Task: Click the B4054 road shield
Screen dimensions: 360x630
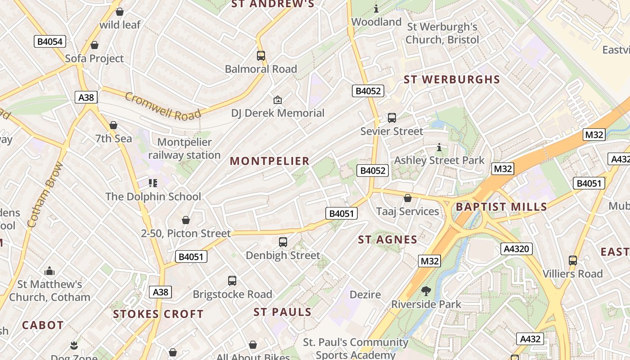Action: pos(50,42)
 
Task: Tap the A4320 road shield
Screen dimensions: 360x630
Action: pos(517,249)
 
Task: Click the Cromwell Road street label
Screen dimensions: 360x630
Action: pos(162,106)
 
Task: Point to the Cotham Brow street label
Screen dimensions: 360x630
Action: pos(45,194)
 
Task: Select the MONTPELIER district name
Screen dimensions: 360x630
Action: pos(270,161)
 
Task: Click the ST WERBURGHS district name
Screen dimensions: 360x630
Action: pos(451,80)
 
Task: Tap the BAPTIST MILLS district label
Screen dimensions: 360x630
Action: pos(501,207)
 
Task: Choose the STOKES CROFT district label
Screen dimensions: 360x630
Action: pos(158,314)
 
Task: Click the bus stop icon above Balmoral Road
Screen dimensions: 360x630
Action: pos(261,56)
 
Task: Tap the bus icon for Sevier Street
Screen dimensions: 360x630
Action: pos(392,118)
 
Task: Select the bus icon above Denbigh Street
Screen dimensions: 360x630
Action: pos(283,242)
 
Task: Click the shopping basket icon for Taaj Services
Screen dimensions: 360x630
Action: pos(408,198)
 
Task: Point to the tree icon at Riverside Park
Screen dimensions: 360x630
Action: pos(426,291)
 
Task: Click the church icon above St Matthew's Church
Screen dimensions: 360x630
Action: pos(49,271)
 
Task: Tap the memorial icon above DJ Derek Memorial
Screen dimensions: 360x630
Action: pos(278,100)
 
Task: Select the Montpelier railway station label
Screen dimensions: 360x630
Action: pos(184,149)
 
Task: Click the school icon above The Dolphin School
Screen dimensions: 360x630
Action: pos(153,183)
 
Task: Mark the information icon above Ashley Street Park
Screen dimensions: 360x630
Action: pos(439,147)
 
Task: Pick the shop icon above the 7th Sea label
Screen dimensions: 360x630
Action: pos(113,125)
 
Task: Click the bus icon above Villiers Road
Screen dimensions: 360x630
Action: pos(572,261)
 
